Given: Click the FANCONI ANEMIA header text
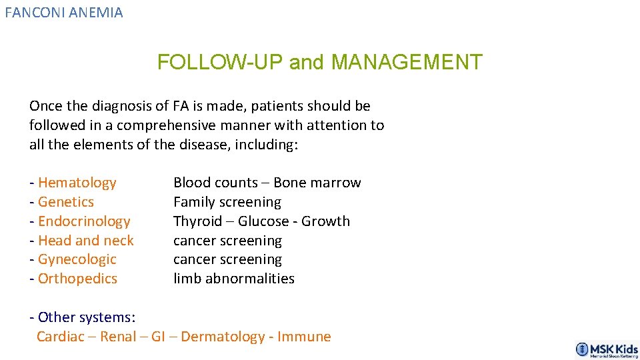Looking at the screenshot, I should pyautogui.click(x=64, y=12).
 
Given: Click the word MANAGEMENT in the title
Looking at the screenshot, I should pyautogui.click(x=407, y=62).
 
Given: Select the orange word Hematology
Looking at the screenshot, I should pyautogui.click(x=77, y=183).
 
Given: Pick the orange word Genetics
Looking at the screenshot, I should pyautogui.click(x=66, y=202).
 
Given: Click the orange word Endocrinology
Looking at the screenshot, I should pyautogui.click(x=84, y=221).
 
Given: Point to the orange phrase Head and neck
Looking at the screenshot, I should pyautogui.click(x=86, y=241).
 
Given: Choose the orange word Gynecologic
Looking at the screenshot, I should pyautogui.click(x=77, y=259).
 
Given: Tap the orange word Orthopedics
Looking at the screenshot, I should pyautogui.click(x=77, y=279).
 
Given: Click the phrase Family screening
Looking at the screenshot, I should pyautogui.click(x=227, y=202).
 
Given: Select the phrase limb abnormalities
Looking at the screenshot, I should pyautogui.click(x=234, y=279).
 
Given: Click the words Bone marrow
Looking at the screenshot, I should pyautogui.click(x=317, y=183).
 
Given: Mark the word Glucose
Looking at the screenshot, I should pyautogui.click(x=265, y=221).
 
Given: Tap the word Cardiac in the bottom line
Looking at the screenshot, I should pyautogui.click(x=61, y=337).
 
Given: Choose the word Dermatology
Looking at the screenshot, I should pyautogui.click(x=223, y=337).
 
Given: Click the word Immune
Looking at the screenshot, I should pyautogui.click(x=304, y=337).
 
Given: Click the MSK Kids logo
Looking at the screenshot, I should pyautogui.click(x=607, y=350).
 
